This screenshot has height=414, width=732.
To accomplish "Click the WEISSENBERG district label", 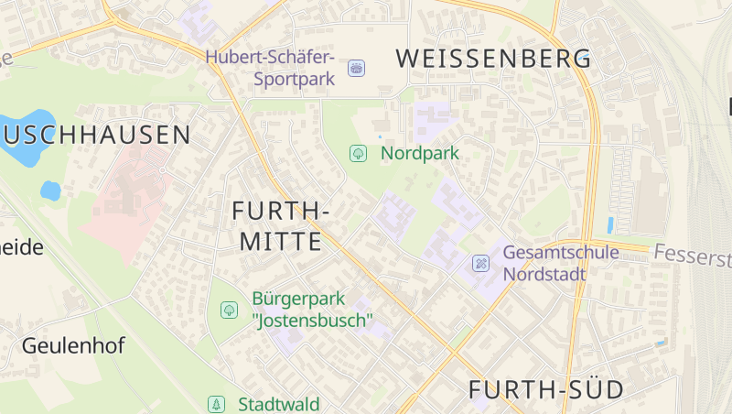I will coord(493,59).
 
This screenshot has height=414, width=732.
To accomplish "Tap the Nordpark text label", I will coord(420,153).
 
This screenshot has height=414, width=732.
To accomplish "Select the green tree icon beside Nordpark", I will coord(358,153).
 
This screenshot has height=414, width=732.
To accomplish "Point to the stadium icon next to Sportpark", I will coord(356,68).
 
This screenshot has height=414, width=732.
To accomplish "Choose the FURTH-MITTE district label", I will coord(280,226).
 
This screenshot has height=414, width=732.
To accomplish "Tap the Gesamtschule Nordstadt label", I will coord(561,263).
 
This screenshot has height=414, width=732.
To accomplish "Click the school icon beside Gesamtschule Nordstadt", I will coord(480,264).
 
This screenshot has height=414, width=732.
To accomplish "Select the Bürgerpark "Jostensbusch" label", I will coord(312,310).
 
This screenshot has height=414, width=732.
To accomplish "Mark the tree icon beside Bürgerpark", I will coord(229,310).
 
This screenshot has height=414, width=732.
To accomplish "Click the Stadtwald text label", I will coord(278,404).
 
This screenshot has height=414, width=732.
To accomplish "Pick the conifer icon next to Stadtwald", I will coord(216,404).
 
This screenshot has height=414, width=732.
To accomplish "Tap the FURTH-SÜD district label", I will coord(546,389).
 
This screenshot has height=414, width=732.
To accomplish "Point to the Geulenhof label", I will coord(73,346).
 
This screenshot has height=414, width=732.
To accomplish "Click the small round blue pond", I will coord(50,191).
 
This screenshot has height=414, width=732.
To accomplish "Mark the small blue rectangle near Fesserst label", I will coord(610,224).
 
